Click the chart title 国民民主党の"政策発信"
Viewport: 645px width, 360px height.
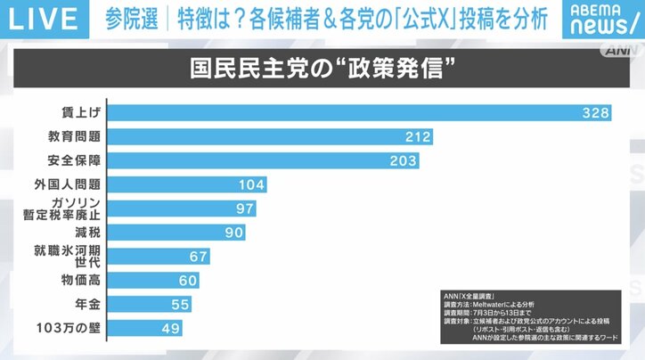(322, 69)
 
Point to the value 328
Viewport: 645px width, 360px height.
(595, 113)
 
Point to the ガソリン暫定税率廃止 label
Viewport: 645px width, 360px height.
(67, 209)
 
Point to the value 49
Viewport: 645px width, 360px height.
(168, 328)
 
